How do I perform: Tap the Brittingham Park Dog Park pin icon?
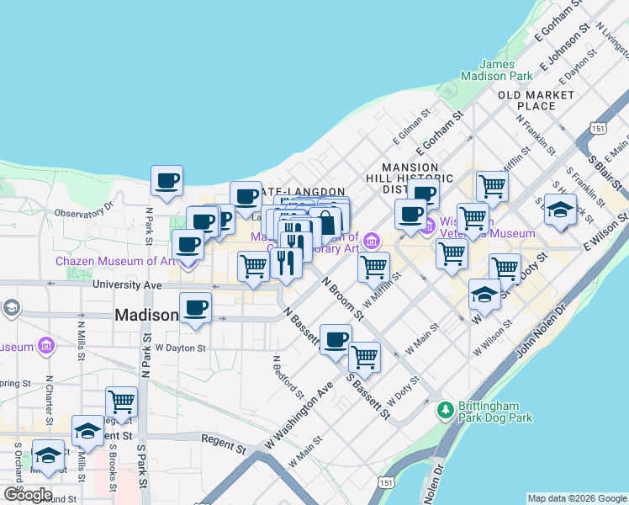click(x=446, y=411)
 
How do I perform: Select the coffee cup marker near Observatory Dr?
click(x=166, y=181)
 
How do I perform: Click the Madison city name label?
click(x=146, y=315)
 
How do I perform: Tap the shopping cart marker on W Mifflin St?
click(x=373, y=268)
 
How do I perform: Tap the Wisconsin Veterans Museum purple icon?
click(x=427, y=226)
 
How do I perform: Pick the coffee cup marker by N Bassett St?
click(x=336, y=340)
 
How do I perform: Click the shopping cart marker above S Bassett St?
click(x=365, y=357)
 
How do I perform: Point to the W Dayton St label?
click(x=181, y=348)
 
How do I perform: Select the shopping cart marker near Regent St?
click(x=122, y=401)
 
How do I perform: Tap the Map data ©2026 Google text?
click(x=576, y=498)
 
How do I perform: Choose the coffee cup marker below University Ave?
click(x=196, y=308)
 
